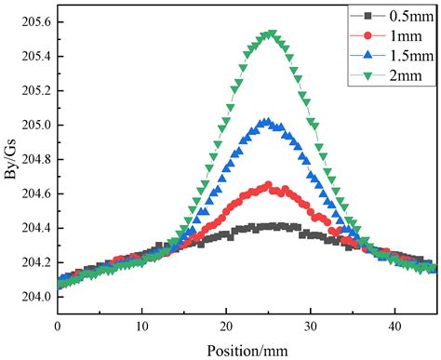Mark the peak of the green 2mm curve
(x=270, y=33)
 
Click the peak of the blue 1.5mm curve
(x=267, y=121)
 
